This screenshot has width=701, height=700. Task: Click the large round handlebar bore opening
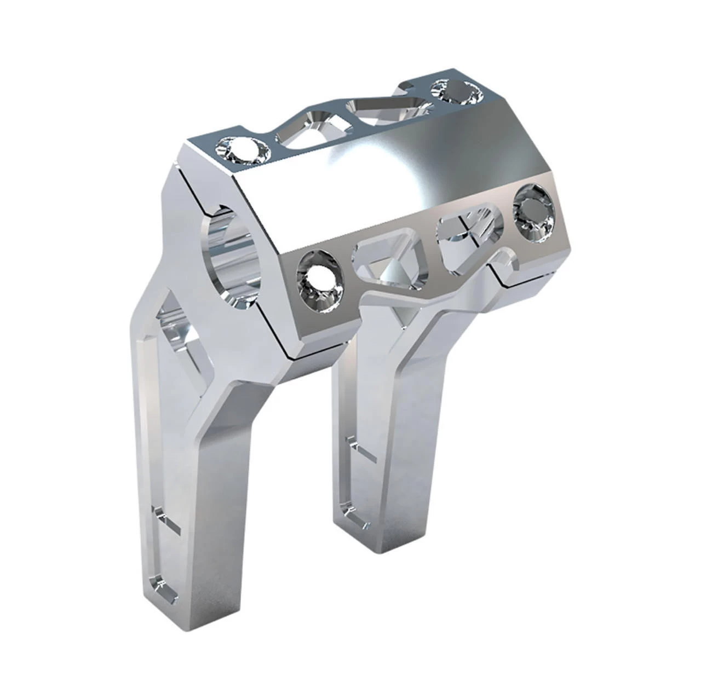pos(230,257)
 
